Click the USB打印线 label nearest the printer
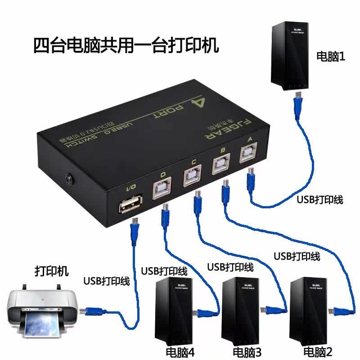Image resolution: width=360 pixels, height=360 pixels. (x=107, y=282)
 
